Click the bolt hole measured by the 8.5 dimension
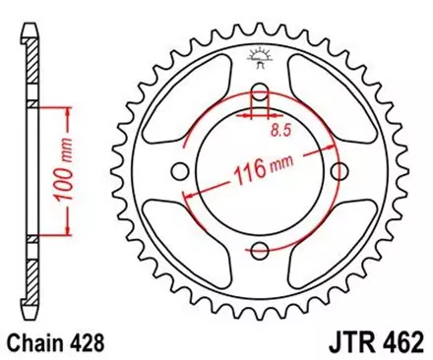[261, 94]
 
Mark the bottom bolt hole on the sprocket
[261, 246]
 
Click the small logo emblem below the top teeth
[262, 58]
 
